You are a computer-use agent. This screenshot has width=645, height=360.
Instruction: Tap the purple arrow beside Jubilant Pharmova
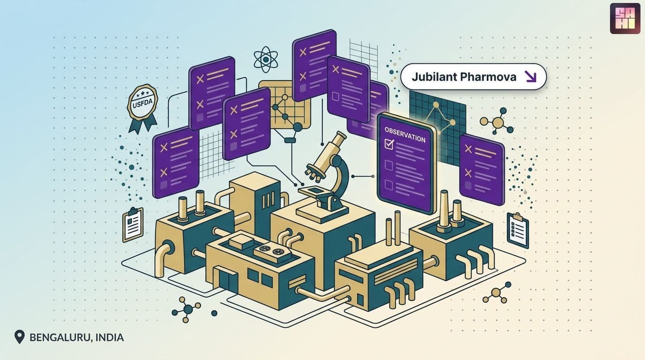coord(530,76)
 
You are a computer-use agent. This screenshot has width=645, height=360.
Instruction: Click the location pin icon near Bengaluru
coord(19,337)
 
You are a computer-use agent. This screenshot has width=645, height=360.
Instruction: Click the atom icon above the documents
coord(265,60)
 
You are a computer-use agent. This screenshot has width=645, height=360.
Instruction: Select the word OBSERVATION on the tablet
coord(405,135)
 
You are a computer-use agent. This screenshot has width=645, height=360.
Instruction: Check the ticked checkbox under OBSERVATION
coord(389,144)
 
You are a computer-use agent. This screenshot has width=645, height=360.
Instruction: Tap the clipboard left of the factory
coord(133,225)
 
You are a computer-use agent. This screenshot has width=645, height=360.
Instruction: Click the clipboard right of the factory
coord(517,230)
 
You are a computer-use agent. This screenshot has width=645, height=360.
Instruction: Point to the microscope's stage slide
coord(315,191)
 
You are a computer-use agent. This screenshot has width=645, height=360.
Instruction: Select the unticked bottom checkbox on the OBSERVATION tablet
coord(389,185)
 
